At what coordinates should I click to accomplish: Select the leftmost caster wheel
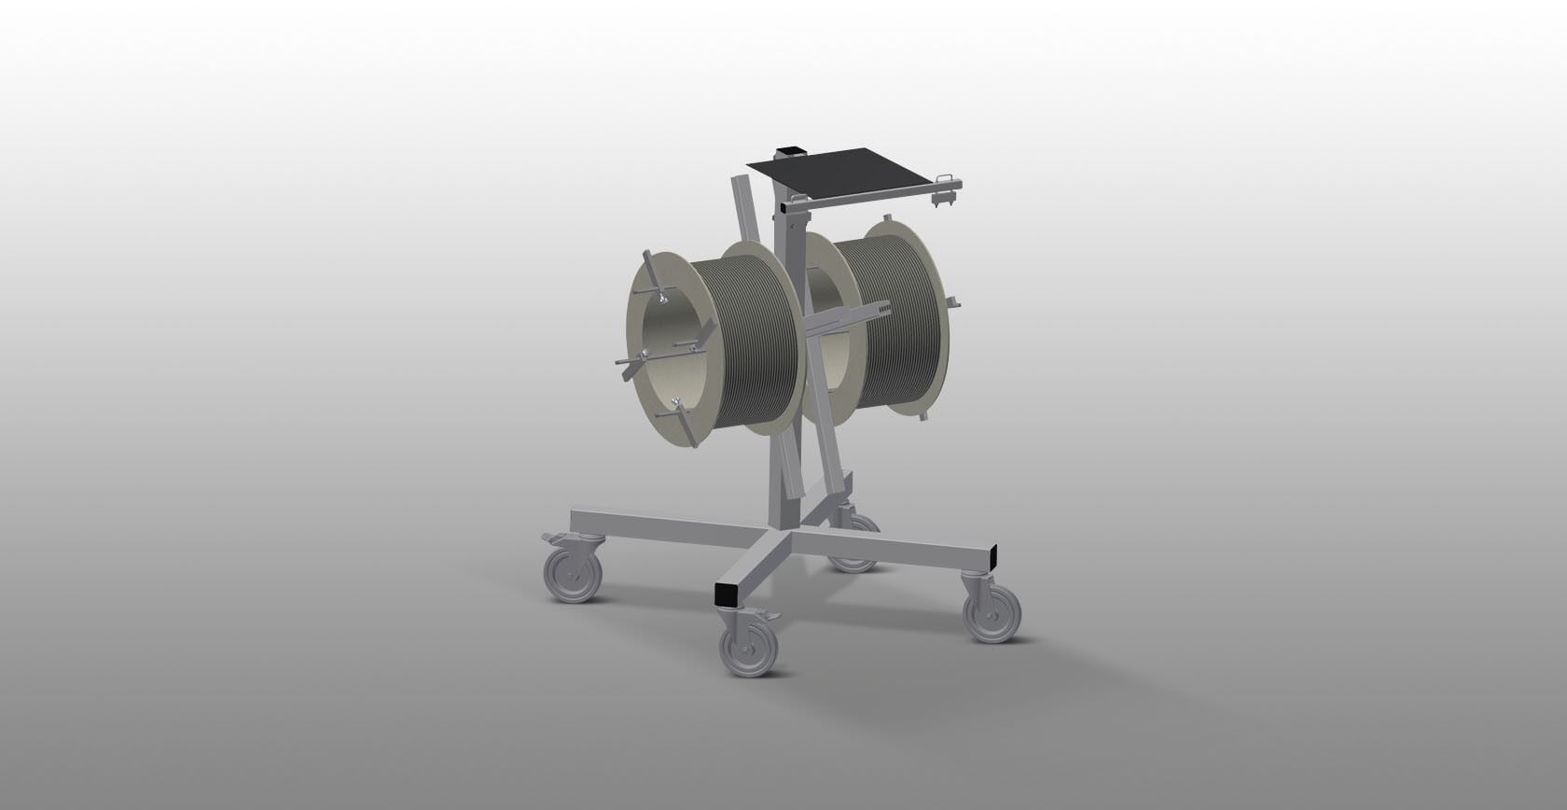pos(574,575)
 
